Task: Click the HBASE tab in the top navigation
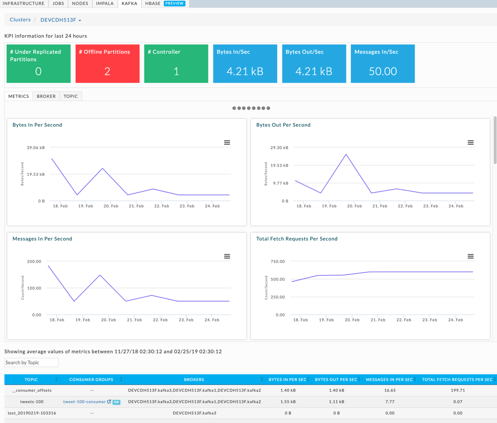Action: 153,4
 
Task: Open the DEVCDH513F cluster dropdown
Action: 61,20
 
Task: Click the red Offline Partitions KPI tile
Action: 107,64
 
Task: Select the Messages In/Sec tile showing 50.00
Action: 382,64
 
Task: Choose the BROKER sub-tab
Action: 46,96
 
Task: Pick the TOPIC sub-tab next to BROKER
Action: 71,96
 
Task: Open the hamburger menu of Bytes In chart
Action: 227,142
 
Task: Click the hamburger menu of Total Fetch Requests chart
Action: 470,256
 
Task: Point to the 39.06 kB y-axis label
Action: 36,148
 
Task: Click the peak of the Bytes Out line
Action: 346,154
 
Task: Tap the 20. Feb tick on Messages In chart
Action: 108,320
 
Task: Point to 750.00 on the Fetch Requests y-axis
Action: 278,262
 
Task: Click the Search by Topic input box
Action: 31,362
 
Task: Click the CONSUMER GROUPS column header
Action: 91,380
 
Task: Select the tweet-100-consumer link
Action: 84,402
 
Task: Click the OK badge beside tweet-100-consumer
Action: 116,402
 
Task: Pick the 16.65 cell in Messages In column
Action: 390,390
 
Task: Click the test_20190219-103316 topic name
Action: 32,413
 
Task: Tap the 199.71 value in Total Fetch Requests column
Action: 458,390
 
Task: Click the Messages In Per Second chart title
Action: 42,239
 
